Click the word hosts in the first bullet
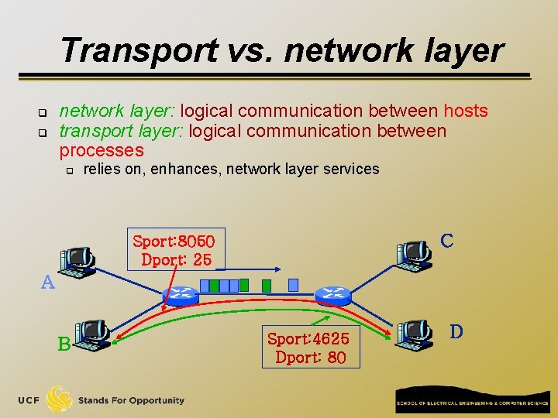(465, 111)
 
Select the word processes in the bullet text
(102, 150)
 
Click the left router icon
(181, 295)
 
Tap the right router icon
(333, 294)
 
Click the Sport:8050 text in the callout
(178, 241)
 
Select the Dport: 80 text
(310, 358)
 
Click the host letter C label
(446, 241)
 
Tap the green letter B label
(64, 343)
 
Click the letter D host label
(456, 331)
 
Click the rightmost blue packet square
(292, 285)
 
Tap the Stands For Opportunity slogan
(131, 400)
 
